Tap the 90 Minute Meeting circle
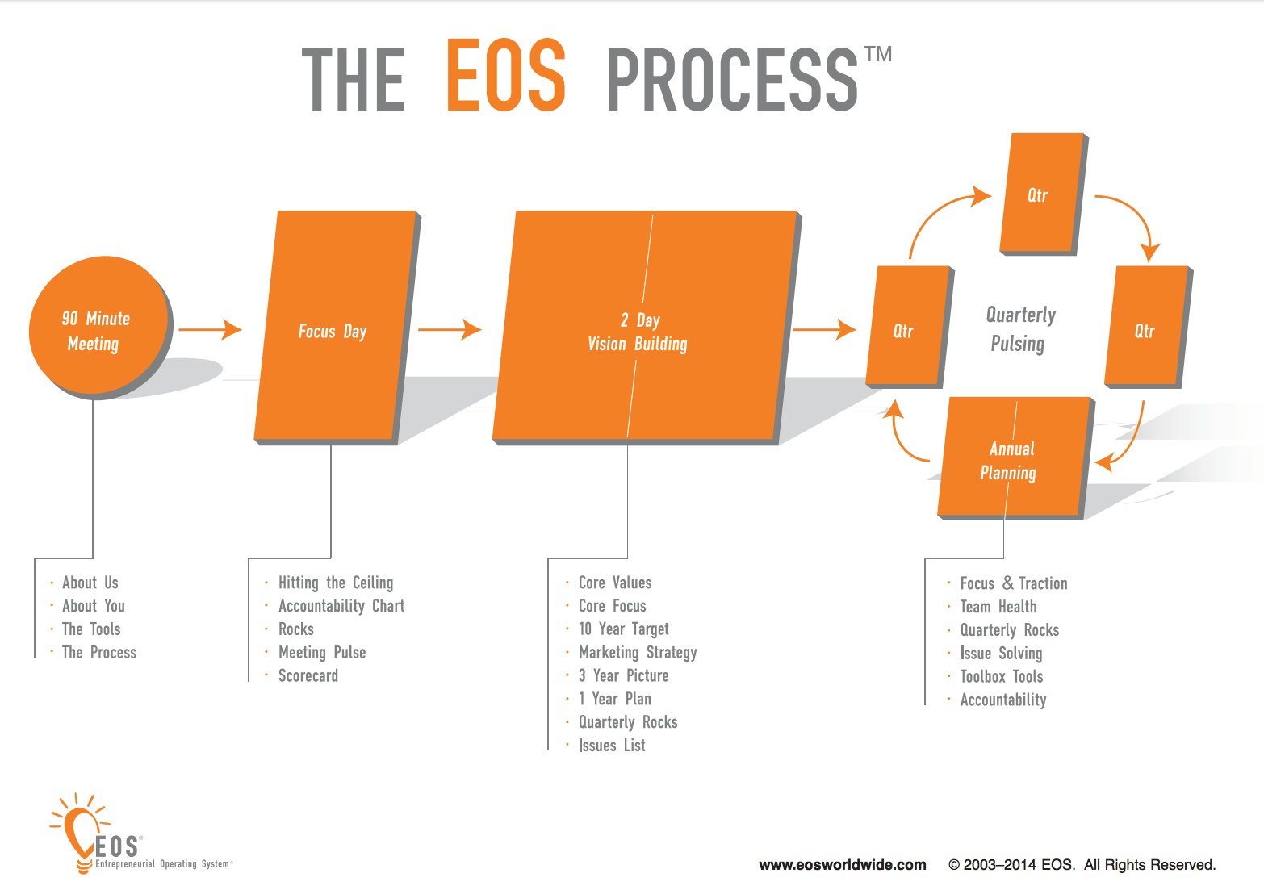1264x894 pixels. (x=99, y=327)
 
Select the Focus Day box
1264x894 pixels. (x=337, y=328)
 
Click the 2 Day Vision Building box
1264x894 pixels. (x=647, y=328)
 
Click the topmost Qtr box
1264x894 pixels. (x=1044, y=194)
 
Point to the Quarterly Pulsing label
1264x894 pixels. (x=1020, y=329)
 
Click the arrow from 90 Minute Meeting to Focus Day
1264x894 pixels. (x=210, y=329)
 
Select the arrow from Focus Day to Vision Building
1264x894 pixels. (x=450, y=329)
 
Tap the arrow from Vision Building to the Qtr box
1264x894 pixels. (x=824, y=329)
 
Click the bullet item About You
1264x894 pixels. (x=93, y=606)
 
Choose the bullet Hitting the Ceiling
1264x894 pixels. (x=336, y=583)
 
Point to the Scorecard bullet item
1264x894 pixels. (x=308, y=675)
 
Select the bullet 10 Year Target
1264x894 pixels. (x=624, y=629)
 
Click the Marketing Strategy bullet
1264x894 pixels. (x=638, y=653)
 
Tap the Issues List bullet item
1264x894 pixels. (x=612, y=746)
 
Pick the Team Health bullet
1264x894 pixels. (x=998, y=607)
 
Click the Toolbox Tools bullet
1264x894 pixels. (x=1002, y=676)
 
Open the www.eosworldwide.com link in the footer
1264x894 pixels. (x=843, y=865)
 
